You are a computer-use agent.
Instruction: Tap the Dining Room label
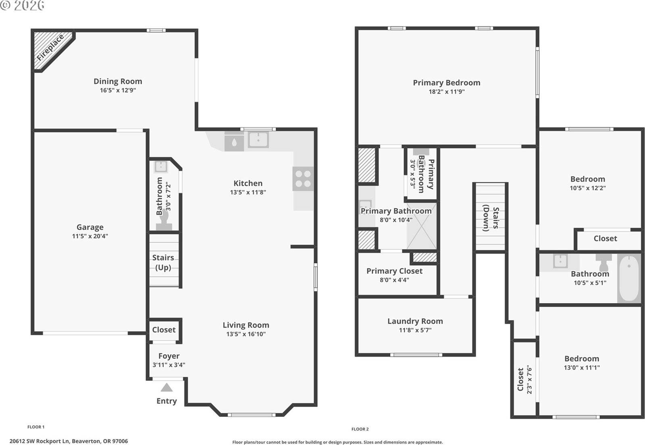pyautogui.click(x=118, y=81)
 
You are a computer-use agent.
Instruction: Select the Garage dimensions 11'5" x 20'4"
pyautogui.click(x=90, y=236)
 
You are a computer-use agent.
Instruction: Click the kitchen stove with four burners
pyautogui.click(x=303, y=179)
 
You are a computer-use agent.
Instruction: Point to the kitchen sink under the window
pyautogui.click(x=258, y=140)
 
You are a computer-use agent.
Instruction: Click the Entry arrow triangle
pyautogui.click(x=166, y=388)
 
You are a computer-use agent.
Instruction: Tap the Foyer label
pyautogui.click(x=169, y=356)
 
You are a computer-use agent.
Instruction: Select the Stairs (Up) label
pyautogui.click(x=163, y=262)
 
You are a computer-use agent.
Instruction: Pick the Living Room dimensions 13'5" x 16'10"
pyautogui.click(x=246, y=334)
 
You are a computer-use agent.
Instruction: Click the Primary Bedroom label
pyautogui.click(x=446, y=83)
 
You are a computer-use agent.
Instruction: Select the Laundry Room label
pyautogui.click(x=415, y=321)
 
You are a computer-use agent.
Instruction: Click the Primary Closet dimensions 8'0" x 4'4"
pyautogui.click(x=394, y=280)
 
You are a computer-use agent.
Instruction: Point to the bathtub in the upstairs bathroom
pyautogui.click(x=629, y=278)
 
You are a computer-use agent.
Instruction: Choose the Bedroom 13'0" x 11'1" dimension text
pyautogui.click(x=582, y=368)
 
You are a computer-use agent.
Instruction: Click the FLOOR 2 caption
pyautogui.click(x=360, y=429)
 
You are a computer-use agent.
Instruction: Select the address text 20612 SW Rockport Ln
pyautogui.click(x=69, y=441)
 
